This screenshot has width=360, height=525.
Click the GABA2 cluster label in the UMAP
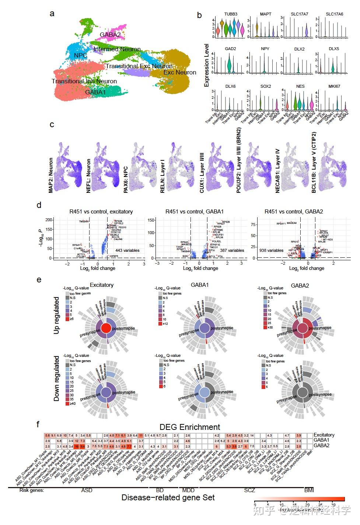(110, 35)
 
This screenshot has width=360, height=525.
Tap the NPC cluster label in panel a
(80, 55)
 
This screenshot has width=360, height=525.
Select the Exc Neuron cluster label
(180, 73)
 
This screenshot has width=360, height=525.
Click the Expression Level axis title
(207, 65)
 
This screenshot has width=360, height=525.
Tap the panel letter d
(39, 205)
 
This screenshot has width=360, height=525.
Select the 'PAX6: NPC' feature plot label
(126, 175)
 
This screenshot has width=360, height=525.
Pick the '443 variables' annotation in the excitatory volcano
(126, 250)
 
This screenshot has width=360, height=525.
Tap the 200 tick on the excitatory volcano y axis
(48, 220)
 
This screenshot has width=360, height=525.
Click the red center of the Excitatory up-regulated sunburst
(106, 328)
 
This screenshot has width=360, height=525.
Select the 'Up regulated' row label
(56, 316)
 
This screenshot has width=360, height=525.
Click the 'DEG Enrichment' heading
(190, 427)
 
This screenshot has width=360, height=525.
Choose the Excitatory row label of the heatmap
(324, 435)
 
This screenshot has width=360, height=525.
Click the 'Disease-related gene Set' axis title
(168, 497)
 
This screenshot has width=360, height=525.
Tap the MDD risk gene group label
(188, 490)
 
